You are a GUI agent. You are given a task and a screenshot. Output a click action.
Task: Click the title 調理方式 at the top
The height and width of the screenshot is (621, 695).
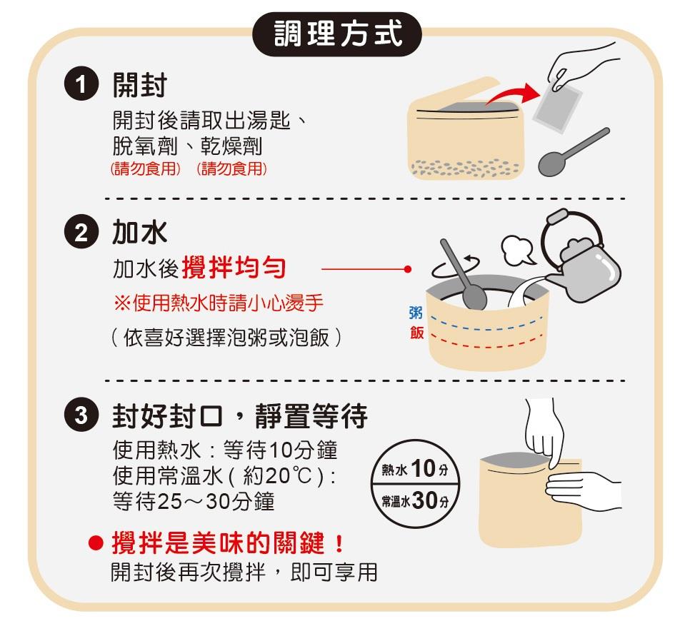click(x=338, y=34)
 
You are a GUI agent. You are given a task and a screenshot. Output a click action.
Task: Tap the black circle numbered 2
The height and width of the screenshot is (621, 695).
click(x=81, y=232)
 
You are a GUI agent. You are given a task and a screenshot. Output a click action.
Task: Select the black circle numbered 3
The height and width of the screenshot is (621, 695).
click(x=81, y=415)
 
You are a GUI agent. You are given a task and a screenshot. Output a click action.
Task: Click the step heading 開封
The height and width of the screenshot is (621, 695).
click(x=139, y=85)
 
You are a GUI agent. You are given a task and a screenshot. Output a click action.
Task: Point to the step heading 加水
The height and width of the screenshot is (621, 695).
click(x=139, y=232)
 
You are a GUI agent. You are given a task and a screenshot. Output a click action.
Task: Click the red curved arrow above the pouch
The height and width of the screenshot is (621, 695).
click(x=514, y=94)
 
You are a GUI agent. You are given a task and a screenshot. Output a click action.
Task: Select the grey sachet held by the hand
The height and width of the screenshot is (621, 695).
click(x=558, y=108)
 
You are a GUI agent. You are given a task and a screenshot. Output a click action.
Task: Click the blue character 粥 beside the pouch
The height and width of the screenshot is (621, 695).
click(x=416, y=312)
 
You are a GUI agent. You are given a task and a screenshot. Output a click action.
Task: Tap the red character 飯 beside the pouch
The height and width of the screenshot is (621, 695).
click(x=416, y=332)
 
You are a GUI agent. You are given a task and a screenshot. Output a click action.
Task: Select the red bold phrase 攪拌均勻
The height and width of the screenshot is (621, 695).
click(x=234, y=268)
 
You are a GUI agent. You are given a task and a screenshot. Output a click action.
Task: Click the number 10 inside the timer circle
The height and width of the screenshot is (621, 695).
click(x=423, y=468)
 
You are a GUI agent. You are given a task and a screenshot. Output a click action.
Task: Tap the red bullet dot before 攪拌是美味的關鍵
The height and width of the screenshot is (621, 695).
click(x=96, y=543)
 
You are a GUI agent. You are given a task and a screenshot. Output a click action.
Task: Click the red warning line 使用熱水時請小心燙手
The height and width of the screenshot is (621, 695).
click(x=219, y=303)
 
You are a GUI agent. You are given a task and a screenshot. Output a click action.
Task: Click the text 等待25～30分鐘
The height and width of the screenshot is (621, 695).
click(x=194, y=502)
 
